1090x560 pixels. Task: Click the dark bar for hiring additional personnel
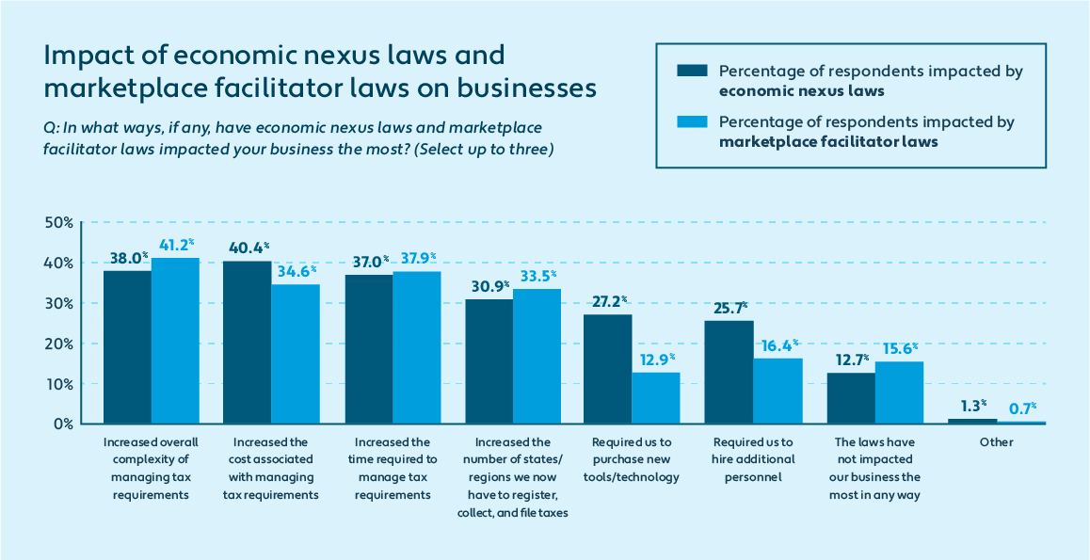click(x=729, y=372)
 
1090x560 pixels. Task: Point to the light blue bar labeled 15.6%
click(x=899, y=392)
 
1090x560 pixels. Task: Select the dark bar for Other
click(x=972, y=421)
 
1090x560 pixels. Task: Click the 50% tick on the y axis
click(x=58, y=223)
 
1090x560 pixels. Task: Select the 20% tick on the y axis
click(x=58, y=344)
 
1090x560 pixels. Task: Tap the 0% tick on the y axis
click(x=62, y=424)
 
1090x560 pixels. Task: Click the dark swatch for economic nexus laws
click(x=690, y=72)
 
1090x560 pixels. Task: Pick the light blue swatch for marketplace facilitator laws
click(x=690, y=122)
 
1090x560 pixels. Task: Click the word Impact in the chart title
click(x=85, y=55)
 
